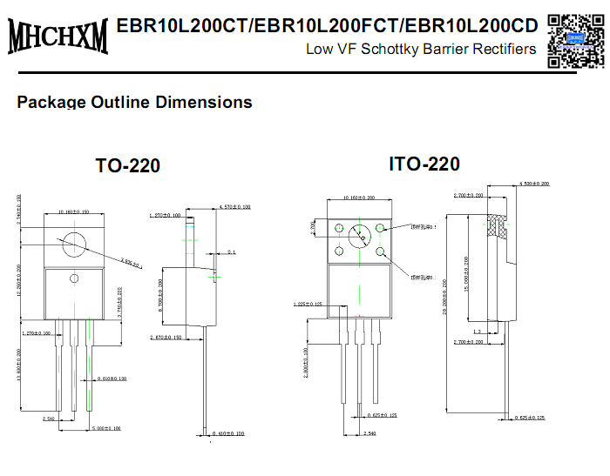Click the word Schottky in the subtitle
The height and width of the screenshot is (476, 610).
tap(414, 49)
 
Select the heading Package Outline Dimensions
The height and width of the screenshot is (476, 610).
tap(135, 102)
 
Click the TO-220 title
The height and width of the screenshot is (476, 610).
tap(127, 165)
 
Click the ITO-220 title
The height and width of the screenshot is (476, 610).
tap(424, 164)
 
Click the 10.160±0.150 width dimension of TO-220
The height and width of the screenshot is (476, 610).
tap(76, 211)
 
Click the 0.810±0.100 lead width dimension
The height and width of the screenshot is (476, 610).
tap(112, 379)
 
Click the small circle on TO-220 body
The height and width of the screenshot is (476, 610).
tap(75, 278)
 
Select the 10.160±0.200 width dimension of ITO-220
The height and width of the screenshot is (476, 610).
tap(357, 198)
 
